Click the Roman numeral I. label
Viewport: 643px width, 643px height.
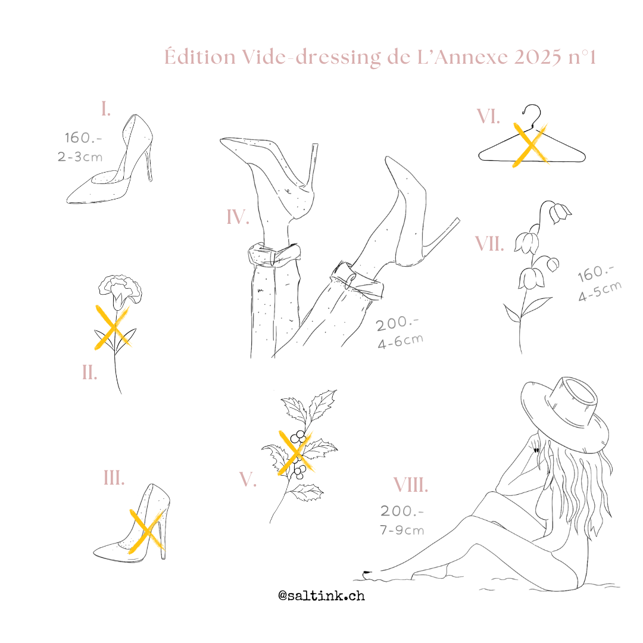point(106,109)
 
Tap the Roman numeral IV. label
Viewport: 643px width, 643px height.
point(238,217)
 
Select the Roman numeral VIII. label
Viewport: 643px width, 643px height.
point(410,485)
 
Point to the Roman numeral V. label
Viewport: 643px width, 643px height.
point(248,479)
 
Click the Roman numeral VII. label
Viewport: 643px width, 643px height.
point(489,244)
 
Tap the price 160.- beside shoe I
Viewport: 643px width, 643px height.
point(83,138)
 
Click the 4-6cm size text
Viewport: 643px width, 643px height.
point(400,342)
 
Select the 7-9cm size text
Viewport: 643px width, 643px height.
point(402,530)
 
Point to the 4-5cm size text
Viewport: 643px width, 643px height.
point(600,291)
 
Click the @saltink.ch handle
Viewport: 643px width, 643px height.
point(321,595)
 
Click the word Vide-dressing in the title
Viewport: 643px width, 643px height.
point(311,57)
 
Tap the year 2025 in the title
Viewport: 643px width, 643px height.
point(538,57)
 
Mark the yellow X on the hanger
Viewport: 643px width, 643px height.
point(530,145)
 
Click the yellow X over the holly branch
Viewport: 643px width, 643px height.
point(295,452)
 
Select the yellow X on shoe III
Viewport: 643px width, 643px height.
point(147,532)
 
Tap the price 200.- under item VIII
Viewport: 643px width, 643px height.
point(402,511)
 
